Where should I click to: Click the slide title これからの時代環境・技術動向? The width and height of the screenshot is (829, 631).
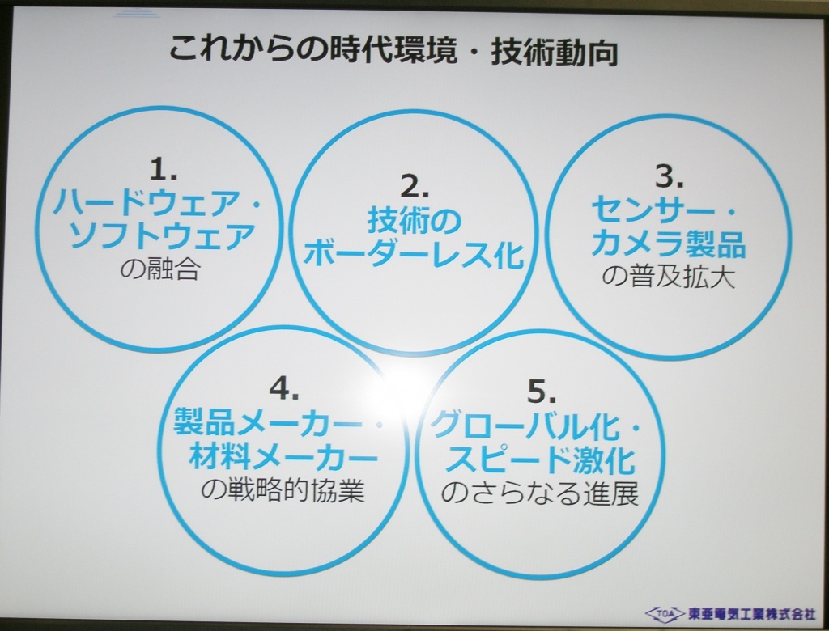[394, 51]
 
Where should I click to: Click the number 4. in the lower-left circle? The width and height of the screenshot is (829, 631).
[284, 389]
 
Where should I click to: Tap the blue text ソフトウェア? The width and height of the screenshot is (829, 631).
[162, 235]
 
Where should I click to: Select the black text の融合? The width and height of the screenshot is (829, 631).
[160, 269]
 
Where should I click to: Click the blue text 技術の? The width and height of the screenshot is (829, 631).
[414, 220]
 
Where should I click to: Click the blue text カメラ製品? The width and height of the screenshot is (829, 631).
[668, 244]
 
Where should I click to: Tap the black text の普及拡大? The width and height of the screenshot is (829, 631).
[669, 277]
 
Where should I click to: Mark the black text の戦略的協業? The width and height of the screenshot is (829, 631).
[283, 490]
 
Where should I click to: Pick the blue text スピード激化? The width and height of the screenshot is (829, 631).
[540, 459]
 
